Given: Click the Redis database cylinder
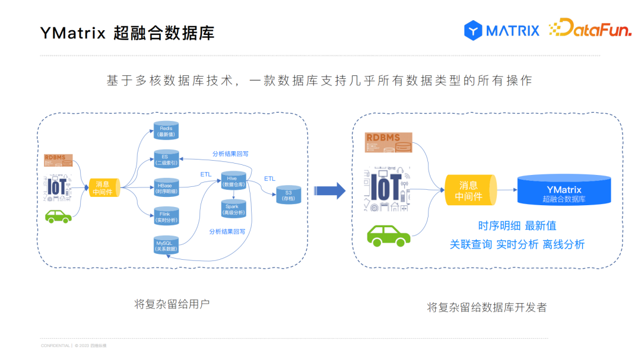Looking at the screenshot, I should (166, 130).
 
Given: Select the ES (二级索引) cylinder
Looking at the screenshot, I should (166, 160).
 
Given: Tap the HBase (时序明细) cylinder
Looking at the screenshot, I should (166, 188).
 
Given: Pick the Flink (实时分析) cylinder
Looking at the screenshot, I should (166, 216).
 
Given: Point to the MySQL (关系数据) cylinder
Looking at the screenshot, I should (166, 246).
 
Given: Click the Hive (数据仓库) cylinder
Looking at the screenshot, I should (233, 181).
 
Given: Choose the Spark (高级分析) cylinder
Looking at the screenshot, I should (232, 209).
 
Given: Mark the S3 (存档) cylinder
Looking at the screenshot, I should (288, 195).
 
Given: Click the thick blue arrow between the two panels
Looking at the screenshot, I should (329, 190).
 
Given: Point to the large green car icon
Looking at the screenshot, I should (388, 235).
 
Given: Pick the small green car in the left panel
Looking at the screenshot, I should (59, 216).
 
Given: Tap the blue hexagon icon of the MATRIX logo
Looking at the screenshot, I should (473, 30).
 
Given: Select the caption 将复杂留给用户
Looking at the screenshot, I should (172, 304).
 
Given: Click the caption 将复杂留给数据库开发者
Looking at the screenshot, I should (487, 307).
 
